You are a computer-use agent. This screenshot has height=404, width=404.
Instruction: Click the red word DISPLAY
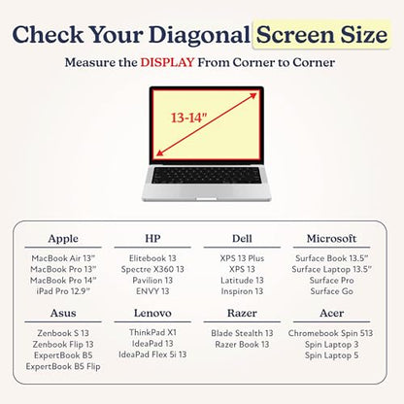click(x=167, y=62)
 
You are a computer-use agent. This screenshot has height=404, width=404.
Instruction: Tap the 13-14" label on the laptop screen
click(x=188, y=118)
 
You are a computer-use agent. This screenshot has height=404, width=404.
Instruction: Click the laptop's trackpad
click(x=207, y=198)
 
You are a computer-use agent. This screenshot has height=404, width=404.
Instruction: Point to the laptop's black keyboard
click(x=206, y=176)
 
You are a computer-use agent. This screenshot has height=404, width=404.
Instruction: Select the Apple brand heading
click(x=63, y=239)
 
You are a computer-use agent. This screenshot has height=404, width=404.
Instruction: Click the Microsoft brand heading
click(x=331, y=239)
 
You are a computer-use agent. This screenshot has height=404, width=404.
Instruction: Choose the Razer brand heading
click(x=242, y=313)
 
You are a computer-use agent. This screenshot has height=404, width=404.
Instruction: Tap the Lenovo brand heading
click(x=152, y=313)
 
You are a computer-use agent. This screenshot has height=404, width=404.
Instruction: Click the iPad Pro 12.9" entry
click(x=63, y=291)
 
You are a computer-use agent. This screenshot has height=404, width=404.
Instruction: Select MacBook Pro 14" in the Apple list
click(x=63, y=280)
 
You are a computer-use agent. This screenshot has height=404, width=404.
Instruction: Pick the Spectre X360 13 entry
click(x=152, y=269)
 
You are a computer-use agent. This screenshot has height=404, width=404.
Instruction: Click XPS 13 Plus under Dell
click(x=242, y=258)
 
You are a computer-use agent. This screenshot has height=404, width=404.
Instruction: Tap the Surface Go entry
click(x=331, y=291)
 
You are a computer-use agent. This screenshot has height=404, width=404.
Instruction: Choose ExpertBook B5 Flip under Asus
click(x=63, y=366)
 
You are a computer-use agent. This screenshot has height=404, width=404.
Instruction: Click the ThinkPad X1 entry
click(x=152, y=332)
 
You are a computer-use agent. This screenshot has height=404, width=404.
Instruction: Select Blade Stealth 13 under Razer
click(x=242, y=333)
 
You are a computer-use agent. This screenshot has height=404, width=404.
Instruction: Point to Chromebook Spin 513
click(x=330, y=333)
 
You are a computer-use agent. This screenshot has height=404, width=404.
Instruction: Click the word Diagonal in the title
click(x=199, y=35)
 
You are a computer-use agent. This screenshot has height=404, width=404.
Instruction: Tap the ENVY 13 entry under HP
click(x=152, y=291)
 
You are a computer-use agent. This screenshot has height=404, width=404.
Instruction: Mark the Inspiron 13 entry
click(x=242, y=291)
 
